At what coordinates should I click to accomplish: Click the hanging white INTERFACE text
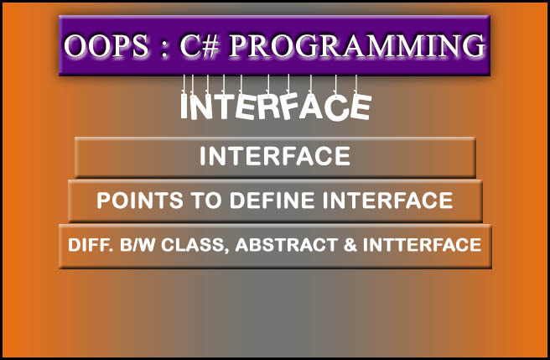(276, 107)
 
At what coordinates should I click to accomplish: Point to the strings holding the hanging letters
(276, 84)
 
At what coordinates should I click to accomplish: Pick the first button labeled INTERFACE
(275, 157)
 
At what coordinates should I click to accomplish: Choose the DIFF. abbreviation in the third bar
(87, 245)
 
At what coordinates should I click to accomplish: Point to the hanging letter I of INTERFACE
(186, 107)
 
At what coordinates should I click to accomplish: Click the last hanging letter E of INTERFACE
(361, 107)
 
